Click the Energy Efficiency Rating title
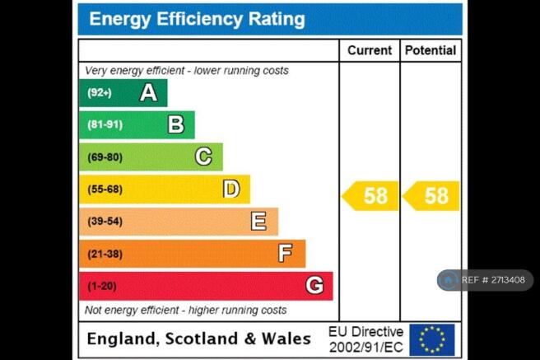(x=197, y=19)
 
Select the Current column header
(x=370, y=50)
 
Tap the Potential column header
(x=431, y=50)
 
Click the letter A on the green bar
(x=148, y=93)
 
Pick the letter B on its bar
(x=175, y=124)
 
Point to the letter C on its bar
(x=203, y=157)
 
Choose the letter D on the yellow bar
(x=231, y=189)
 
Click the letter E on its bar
(x=258, y=221)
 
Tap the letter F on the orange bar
(x=285, y=253)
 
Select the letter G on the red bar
(x=314, y=285)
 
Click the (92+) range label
(x=100, y=93)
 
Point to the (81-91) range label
(x=105, y=125)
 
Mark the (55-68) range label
(x=105, y=189)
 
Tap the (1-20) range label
(x=102, y=286)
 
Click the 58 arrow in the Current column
(x=371, y=196)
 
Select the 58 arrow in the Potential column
(x=432, y=196)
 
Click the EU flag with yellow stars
(x=432, y=339)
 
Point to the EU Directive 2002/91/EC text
(x=365, y=339)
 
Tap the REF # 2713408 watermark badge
(x=485, y=280)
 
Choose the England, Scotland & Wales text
(x=198, y=339)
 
